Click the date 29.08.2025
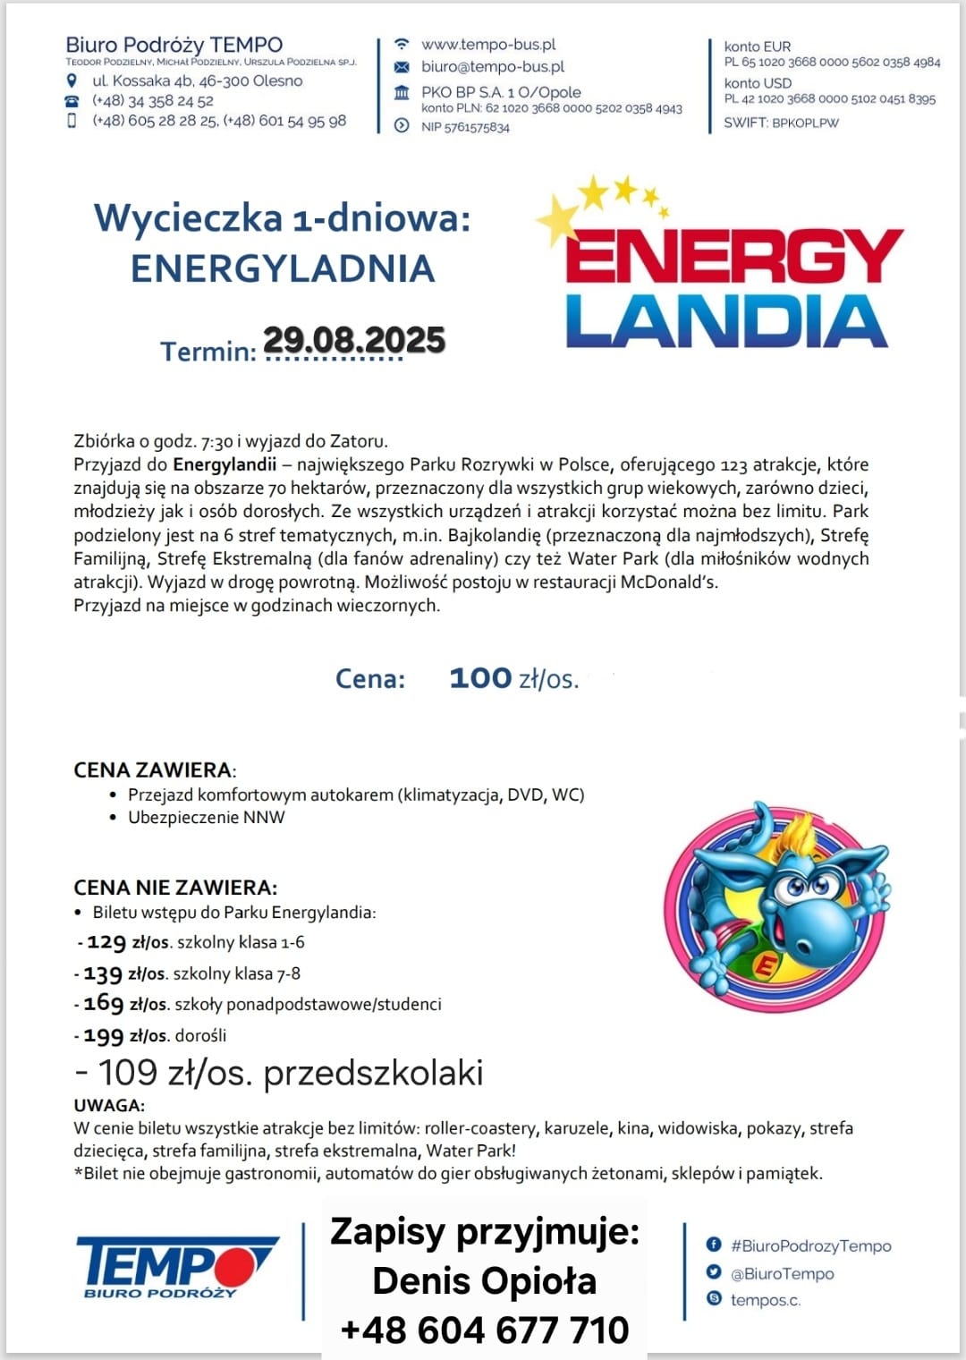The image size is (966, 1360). click(354, 340)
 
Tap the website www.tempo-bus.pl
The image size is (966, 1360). click(488, 45)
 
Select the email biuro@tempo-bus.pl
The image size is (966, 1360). click(493, 67)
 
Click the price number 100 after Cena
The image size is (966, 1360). click(480, 678)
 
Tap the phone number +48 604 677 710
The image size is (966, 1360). click(485, 1330)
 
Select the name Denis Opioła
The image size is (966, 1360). click(485, 1281)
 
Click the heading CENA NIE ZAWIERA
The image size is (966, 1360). click(175, 888)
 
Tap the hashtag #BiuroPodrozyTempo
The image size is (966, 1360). click(810, 1245)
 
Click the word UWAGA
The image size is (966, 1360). click(109, 1105)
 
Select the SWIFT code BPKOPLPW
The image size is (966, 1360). click(805, 123)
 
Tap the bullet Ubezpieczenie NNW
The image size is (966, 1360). click(206, 817)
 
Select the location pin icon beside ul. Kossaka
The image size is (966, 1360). click(72, 81)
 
